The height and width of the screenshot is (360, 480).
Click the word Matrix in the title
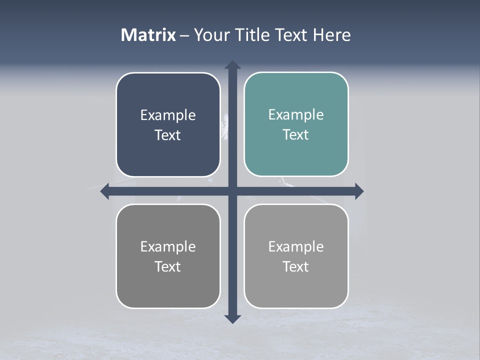pyautogui.click(x=148, y=35)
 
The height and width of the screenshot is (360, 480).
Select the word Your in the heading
pyautogui.click(x=210, y=35)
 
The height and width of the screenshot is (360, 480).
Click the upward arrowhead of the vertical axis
pyautogui.click(x=232, y=65)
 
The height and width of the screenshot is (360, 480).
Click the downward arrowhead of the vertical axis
pyautogui.click(x=232, y=318)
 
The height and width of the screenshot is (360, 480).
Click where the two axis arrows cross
pyautogui.click(x=232, y=191)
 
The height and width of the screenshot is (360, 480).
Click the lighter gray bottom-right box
pyautogui.click(x=296, y=287)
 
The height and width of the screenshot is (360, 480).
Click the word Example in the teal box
pyautogui.click(x=296, y=115)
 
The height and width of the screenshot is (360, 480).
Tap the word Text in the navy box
pyautogui.click(x=168, y=135)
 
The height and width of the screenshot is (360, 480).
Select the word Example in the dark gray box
pyautogui.click(x=168, y=247)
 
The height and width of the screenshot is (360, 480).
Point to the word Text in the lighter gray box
pyautogui.click(x=296, y=267)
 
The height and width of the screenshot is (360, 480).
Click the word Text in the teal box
pyautogui.click(x=296, y=135)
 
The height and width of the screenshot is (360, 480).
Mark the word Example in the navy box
pyautogui.click(x=168, y=115)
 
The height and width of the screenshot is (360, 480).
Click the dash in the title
pyautogui.click(x=185, y=35)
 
